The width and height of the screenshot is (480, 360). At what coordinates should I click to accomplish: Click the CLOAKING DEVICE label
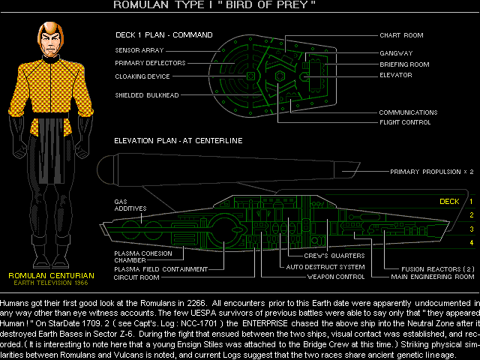tap(142, 76)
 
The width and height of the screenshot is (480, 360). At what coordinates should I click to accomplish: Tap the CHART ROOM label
tap(401, 35)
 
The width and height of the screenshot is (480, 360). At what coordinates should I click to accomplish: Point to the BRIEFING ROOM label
tap(404, 64)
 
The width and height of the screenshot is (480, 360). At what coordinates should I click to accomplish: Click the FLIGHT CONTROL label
tap(403, 122)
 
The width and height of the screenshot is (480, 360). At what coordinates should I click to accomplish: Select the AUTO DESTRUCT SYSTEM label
tap(325, 267)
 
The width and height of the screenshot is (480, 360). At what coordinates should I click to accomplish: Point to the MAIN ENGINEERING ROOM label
tap(433, 277)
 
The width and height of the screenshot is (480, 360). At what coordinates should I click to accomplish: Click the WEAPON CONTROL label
tap(336, 277)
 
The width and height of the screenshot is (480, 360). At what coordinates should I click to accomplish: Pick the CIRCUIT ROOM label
tap(136, 277)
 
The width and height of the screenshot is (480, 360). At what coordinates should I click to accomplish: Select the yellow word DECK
tap(448, 202)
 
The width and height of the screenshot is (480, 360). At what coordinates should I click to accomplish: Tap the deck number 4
tap(472, 242)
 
